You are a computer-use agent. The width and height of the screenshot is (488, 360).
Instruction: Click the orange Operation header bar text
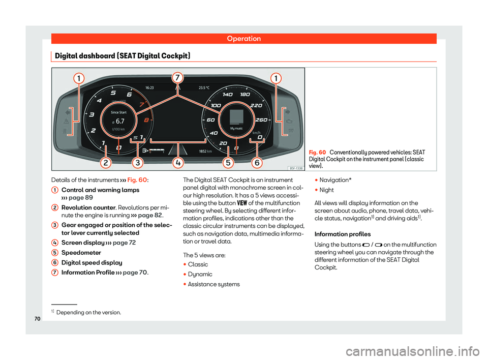243,39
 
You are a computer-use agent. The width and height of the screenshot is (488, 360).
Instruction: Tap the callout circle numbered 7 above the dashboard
177,77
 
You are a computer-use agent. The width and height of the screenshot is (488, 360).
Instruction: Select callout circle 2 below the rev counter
106,163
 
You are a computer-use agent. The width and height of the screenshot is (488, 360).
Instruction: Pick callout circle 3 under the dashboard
138,163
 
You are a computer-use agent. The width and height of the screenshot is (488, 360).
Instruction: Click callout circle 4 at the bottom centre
178,163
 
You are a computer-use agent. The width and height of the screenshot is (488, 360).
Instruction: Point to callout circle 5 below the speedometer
228,163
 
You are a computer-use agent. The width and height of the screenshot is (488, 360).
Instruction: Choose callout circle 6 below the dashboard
257,163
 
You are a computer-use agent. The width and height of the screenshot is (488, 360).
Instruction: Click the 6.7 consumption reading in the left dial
120,121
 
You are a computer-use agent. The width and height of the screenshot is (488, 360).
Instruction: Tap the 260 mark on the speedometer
261,120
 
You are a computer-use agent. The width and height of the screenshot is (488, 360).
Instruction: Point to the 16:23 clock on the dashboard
149,88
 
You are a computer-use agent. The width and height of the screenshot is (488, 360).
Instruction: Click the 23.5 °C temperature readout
204,88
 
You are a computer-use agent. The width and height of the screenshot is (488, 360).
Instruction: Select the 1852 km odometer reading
205,152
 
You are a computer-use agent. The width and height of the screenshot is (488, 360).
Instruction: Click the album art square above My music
236,117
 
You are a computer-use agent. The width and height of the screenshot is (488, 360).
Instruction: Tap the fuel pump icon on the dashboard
145,151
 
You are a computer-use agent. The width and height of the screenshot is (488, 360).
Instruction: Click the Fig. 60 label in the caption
317,152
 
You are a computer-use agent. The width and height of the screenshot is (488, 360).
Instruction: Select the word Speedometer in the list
81,253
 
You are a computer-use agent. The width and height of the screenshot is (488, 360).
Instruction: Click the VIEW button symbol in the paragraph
242,203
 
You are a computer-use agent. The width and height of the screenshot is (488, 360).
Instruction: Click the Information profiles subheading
343,234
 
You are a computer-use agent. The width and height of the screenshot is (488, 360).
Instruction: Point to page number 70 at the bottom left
37,319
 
